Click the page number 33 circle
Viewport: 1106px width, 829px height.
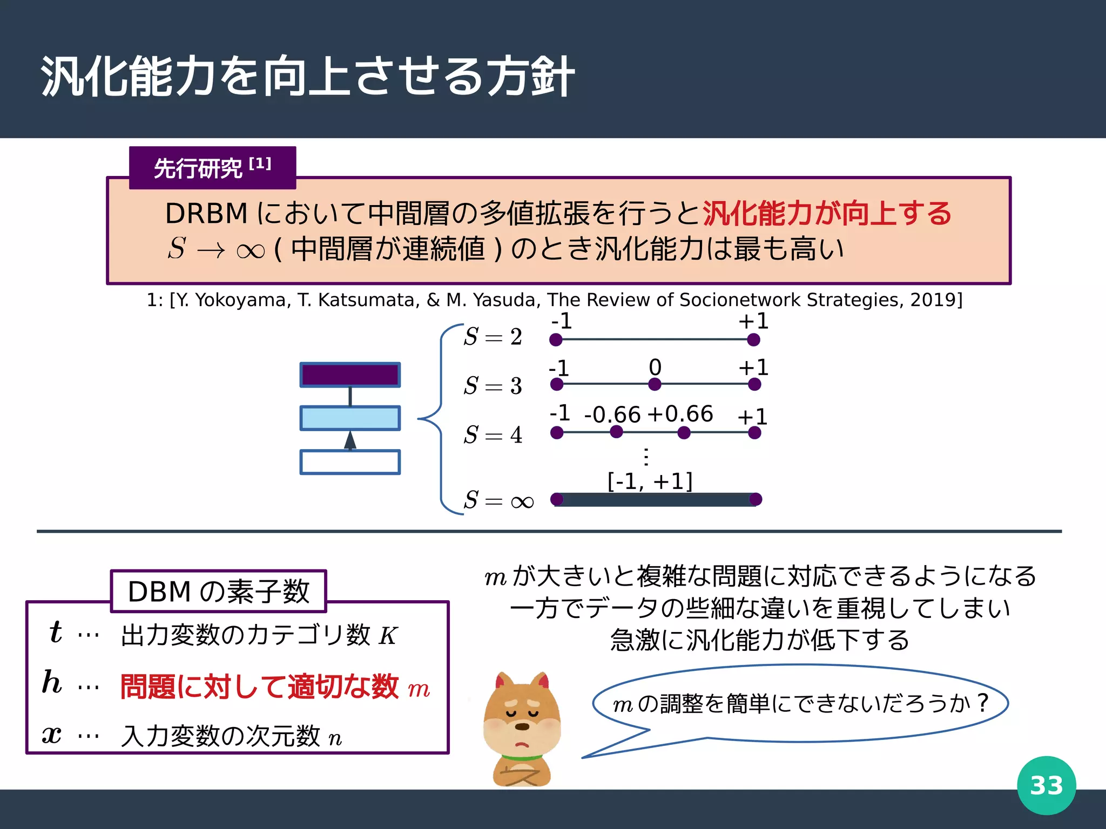pos(1046,785)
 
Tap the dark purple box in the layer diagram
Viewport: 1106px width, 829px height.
pos(350,375)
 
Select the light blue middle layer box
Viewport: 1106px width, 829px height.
pos(350,418)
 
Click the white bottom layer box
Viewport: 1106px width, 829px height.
pos(350,462)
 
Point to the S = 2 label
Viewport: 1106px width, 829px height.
pos(493,337)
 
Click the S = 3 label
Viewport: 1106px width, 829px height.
pos(493,386)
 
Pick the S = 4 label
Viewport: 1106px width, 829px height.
pos(493,434)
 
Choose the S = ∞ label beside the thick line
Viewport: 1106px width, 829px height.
pos(498,500)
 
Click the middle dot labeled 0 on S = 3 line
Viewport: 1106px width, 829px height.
pos(655,384)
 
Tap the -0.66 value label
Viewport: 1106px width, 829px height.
pos(612,414)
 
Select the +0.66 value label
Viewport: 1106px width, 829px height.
pos(680,414)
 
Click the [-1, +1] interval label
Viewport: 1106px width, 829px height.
pos(650,481)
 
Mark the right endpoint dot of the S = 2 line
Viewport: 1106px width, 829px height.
pos(753,339)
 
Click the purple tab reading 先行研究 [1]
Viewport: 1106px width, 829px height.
pos(212,168)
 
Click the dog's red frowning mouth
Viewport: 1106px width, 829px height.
pos(522,745)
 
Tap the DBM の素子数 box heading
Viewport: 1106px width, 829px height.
pos(218,592)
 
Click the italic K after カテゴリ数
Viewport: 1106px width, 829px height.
pos(388,636)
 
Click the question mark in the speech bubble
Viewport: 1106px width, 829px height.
pos(982,703)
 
